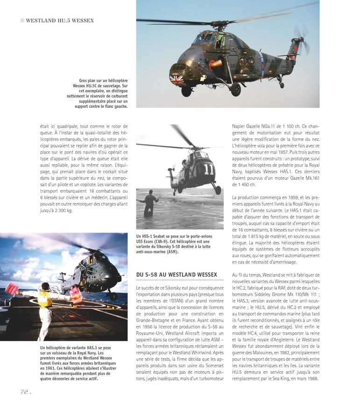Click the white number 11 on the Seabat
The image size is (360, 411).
tap(208, 168)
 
